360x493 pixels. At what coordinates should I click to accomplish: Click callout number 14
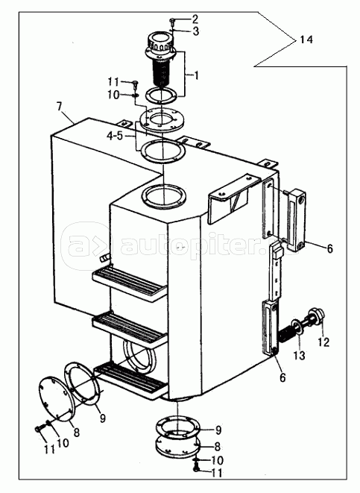tap(306, 40)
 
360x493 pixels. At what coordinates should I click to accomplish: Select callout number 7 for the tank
tap(60, 106)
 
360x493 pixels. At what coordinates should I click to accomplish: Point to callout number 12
tap(323, 342)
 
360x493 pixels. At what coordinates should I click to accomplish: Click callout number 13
tap(300, 355)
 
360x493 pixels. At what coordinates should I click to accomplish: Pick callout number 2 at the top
tap(195, 19)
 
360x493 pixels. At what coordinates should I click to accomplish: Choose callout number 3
tap(196, 31)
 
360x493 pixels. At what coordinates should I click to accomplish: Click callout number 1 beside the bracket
tap(196, 75)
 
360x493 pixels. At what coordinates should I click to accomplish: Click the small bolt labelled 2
tap(172, 21)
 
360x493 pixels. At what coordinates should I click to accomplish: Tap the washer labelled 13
tap(296, 326)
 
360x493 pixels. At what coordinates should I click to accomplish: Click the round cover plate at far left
tap(56, 399)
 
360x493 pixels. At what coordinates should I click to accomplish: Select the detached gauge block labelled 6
tap(296, 220)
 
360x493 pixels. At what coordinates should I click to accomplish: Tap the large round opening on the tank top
tap(164, 198)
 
